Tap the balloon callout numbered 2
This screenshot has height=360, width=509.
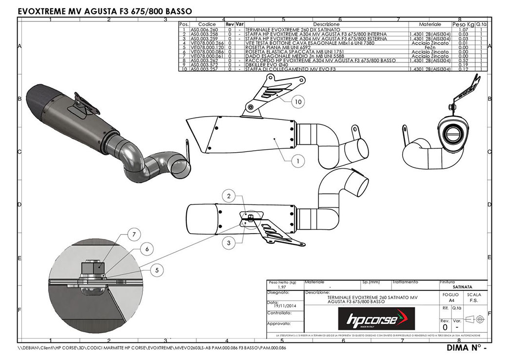(228, 197)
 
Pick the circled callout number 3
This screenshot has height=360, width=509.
(228, 241)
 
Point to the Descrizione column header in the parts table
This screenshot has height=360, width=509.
(326, 24)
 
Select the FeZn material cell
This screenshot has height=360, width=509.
(430, 47)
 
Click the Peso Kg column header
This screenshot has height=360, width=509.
(463, 24)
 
